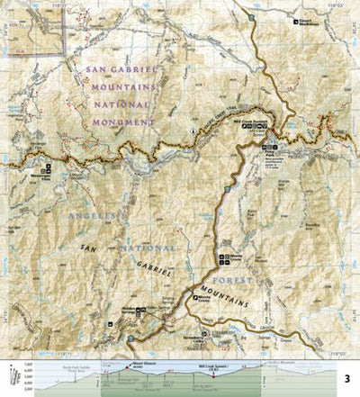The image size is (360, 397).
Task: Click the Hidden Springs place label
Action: (130, 305)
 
